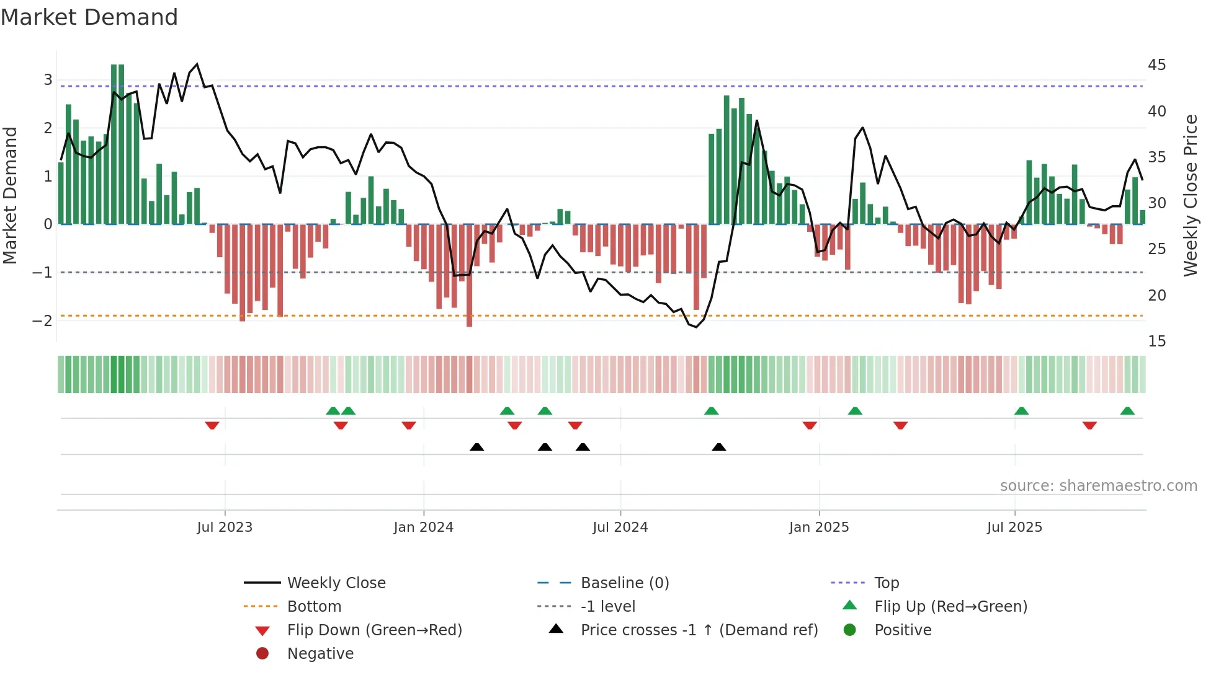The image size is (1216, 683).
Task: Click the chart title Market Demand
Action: pyautogui.click(x=89, y=17)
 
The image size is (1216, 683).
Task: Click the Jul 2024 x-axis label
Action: pyautogui.click(x=620, y=527)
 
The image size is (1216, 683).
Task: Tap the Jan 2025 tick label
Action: pyautogui.click(x=818, y=527)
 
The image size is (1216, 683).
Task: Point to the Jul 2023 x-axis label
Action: pyautogui.click(x=225, y=527)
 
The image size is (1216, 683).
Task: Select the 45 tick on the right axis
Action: pyautogui.click(x=1156, y=65)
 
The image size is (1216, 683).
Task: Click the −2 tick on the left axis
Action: pyautogui.click(x=42, y=321)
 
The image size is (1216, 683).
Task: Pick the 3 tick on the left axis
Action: pyautogui.click(x=48, y=80)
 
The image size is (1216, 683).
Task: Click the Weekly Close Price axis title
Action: pyautogui.click(x=1190, y=195)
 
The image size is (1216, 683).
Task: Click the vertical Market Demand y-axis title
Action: pyautogui.click(x=11, y=195)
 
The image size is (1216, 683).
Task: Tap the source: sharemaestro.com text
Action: pyautogui.click(x=1098, y=486)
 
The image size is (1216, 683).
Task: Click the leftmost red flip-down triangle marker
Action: pyautogui.click(x=212, y=425)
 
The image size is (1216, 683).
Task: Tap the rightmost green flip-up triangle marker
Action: pyautogui.click(x=1127, y=411)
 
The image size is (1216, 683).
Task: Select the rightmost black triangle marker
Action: pyautogui.click(x=718, y=447)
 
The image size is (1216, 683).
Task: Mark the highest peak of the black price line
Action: pyautogui.click(x=197, y=64)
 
